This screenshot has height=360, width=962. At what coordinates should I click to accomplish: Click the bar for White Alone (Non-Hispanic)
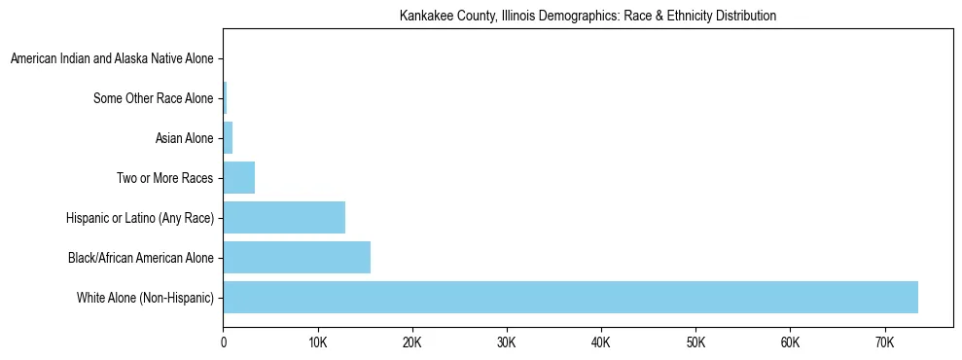[x=570, y=297]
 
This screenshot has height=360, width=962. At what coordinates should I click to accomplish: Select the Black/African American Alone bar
[x=297, y=257]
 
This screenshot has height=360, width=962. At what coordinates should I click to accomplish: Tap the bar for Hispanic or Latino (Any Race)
[x=284, y=217]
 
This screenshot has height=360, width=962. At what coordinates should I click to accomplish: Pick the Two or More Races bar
[x=239, y=178]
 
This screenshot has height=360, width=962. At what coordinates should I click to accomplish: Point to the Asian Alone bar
[x=229, y=138]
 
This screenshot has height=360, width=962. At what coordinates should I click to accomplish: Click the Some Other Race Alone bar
[x=226, y=98]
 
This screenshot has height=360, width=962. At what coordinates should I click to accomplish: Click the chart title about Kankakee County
[x=588, y=17]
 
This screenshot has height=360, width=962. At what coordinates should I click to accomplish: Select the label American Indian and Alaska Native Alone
[x=112, y=59]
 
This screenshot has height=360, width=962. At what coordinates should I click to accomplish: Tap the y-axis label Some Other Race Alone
[x=153, y=98]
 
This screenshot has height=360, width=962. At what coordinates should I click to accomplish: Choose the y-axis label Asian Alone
[x=184, y=138]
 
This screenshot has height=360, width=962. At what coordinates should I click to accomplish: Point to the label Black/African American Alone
[x=140, y=257]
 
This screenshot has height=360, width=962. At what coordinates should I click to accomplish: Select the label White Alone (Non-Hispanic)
[x=145, y=297]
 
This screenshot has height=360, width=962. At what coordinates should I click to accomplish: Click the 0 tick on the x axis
[x=224, y=342]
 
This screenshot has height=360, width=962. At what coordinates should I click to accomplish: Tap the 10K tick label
[x=317, y=342]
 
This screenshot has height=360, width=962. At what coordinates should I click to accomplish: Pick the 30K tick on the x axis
[x=506, y=342]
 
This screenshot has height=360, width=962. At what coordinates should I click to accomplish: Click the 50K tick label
[x=695, y=342]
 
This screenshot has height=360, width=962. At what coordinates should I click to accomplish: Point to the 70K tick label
[x=883, y=342]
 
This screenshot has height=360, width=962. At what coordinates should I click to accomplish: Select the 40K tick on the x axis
[x=600, y=342]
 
